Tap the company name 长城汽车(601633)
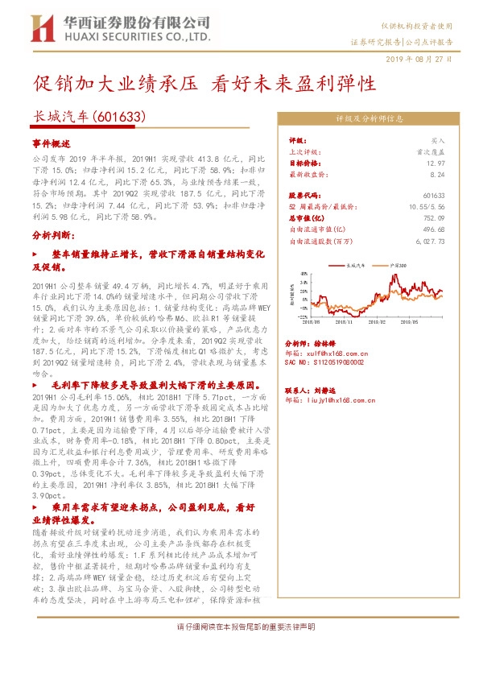point(89,117)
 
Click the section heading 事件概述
point(52,142)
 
